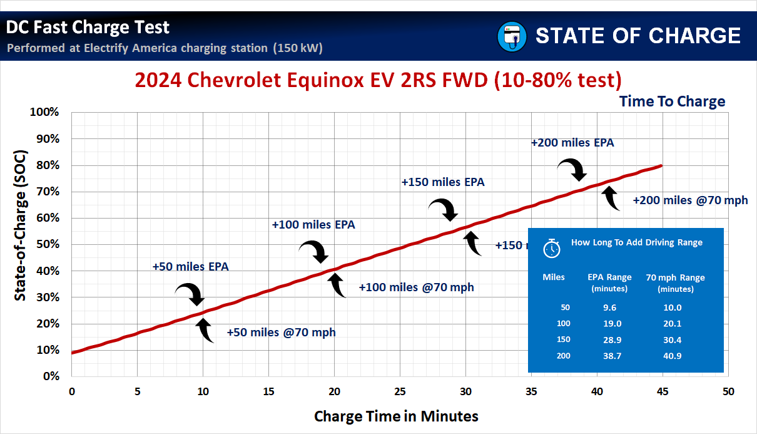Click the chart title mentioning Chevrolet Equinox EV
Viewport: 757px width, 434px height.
click(x=378, y=80)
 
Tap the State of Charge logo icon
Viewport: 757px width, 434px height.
click(x=512, y=36)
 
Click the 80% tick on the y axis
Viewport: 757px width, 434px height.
click(x=46, y=165)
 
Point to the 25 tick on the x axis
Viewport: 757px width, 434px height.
click(x=399, y=391)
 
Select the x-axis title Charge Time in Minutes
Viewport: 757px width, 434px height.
click(x=396, y=416)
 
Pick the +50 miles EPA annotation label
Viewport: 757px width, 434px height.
click(x=190, y=267)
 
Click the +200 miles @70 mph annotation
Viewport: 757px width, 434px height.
click(x=690, y=201)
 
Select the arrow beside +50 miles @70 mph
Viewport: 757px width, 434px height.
click(x=206, y=330)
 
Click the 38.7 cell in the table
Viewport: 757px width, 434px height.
click(x=609, y=356)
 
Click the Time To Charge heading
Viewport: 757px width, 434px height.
click(x=672, y=101)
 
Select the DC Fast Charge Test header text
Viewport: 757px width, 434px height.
click(x=88, y=28)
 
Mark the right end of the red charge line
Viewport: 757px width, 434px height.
click(x=661, y=166)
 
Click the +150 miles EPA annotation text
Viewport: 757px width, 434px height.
click(x=443, y=183)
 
